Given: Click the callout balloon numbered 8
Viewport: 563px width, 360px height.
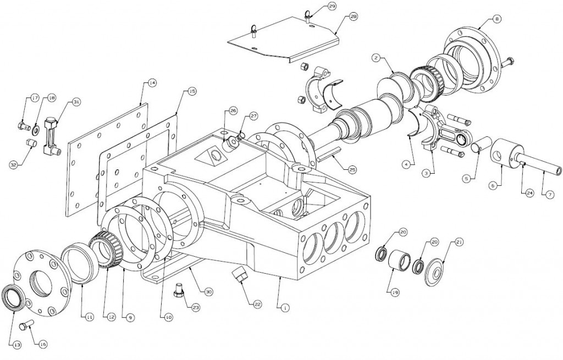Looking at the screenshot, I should click(x=498, y=19).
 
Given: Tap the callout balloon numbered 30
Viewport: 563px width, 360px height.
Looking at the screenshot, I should click(x=208, y=291).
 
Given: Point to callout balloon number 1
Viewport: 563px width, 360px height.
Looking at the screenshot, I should click(x=284, y=308).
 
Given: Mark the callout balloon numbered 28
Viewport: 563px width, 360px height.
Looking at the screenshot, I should click(x=354, y=18).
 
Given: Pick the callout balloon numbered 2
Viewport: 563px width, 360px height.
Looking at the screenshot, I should click(x=376, y=57).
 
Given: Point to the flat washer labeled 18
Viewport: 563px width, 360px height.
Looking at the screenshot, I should click(x=35, y=130).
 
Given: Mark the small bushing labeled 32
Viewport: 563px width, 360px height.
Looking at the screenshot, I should click(x=31, y=145).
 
